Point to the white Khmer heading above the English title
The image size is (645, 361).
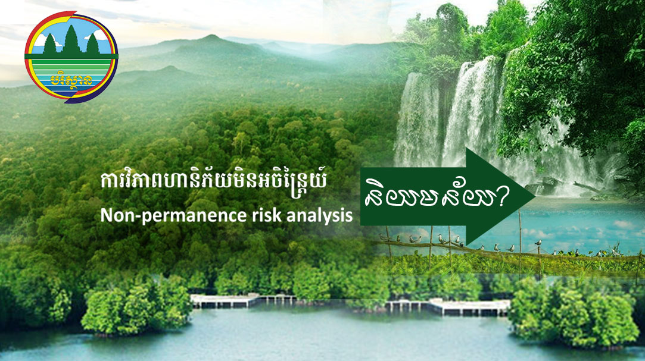click(213, 182)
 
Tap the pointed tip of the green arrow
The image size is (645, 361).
click(535, 197)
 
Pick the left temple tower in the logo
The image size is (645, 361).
click(50, 45)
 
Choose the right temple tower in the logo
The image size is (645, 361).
click(92, 45)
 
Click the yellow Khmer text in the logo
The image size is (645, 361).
click(71, 79)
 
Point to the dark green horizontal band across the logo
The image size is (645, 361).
click(71, 56)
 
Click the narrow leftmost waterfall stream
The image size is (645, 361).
click(416, 119)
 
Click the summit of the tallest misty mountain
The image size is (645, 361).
click(211, 36)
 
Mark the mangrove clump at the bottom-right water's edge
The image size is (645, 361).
click(574, 314)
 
